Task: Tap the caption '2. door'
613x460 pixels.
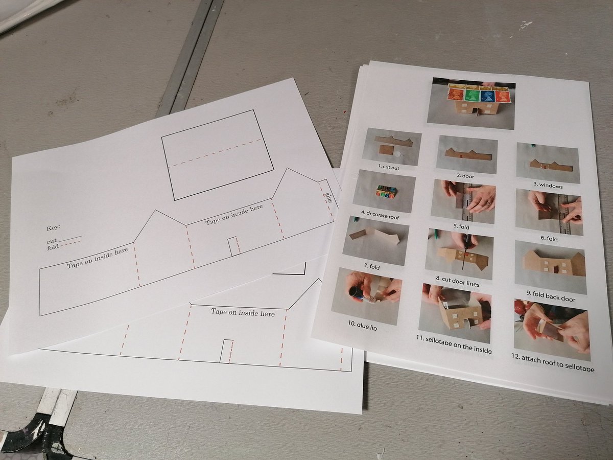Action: (x=466, y=175)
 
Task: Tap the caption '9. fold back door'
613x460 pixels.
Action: (x=549, y=298)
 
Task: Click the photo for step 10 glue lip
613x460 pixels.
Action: (x=366, y=295)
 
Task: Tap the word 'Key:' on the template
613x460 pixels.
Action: (x=53, y=227)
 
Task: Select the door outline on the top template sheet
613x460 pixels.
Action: (x=234, y=246)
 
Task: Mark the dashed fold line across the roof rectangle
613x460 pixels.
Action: (x=217, y=152)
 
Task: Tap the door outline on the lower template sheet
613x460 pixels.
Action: (x=227, y=351)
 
